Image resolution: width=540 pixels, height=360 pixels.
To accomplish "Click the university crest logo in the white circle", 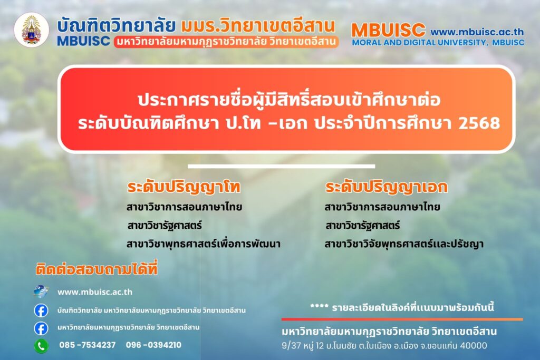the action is pyautogui.click(x=31, y=30).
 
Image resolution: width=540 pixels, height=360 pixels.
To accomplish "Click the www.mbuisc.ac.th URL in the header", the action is pyautogui.click(x=477, y=32).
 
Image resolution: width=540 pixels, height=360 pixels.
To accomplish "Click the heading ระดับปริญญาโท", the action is pyautogui.click(x=184, y=187).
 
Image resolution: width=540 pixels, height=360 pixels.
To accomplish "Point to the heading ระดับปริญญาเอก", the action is pyautogui.click(x=387, y=187).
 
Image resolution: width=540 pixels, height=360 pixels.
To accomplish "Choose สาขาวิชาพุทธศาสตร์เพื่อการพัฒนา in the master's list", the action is pyautogui.click(x=204, y=244).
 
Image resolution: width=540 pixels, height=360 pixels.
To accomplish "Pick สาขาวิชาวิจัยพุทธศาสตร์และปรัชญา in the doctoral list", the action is pyautogui.click(x=404, y=244).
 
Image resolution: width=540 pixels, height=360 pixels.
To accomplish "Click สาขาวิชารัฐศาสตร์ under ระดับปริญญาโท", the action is pyautogui.click(x=165, y=226).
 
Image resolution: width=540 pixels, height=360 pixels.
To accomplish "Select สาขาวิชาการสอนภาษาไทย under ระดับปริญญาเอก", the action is pyautogui.click(x=382, y=207).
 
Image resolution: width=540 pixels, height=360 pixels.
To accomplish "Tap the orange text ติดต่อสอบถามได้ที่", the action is pyautogui.click(x=97, y=269).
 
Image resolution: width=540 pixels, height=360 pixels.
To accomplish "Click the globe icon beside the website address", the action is pyautogui.click(x=41, y=291).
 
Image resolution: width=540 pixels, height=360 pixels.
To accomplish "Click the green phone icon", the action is pyautogui.click(x=41, y=346).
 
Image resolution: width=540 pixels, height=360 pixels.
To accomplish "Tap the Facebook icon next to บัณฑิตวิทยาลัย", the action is pyautogui.click(x=41, y=310).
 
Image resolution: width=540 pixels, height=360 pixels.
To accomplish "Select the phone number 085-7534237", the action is pyautogui.click(x=88, y=345).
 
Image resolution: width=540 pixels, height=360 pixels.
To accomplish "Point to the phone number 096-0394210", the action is pyautogui.click(x=153, y=345).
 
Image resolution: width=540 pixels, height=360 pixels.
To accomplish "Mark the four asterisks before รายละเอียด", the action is pyautogui.click(x=319, y=306).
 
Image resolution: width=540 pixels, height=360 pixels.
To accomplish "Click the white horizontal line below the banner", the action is pyautogui.click(x=282, y=166).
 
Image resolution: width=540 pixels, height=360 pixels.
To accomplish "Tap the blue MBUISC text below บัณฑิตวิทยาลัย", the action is pyautogui.click(x=83, y=41).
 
